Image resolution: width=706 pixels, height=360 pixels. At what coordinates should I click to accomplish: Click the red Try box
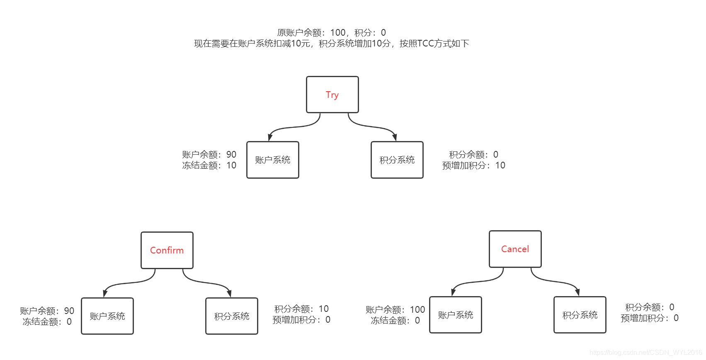point(332,95)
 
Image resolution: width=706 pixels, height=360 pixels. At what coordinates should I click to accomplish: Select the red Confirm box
point(167,250)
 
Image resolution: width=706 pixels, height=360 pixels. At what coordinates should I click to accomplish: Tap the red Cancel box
point(515,249)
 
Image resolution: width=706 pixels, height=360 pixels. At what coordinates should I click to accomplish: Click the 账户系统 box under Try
point(272,160)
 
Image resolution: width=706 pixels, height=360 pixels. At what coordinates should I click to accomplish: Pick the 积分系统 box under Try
point(397,160)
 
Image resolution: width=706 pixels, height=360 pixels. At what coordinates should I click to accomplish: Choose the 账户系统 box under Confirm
point(107,316)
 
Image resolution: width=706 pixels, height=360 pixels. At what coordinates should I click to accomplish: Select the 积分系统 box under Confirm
point(231,316)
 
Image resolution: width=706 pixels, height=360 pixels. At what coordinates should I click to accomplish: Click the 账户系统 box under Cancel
point(455,315)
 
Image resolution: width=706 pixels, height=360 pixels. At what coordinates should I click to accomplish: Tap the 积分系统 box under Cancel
point(580,315)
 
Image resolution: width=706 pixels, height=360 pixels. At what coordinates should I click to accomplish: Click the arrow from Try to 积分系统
point(371,127)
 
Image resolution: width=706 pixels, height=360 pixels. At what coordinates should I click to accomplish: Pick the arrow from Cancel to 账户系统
point(477,282)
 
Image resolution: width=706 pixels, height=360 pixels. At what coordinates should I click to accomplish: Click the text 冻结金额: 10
point(209,165)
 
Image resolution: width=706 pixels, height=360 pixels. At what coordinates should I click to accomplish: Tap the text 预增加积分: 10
point(473,165)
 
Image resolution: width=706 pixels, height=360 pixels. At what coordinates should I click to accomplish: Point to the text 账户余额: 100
point(395,310)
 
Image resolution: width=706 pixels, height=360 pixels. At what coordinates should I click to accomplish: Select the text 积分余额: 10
point(301,309)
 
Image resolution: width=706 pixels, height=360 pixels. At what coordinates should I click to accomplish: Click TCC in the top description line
point(425,44)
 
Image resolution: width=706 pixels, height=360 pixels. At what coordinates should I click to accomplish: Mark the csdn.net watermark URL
point(645,353)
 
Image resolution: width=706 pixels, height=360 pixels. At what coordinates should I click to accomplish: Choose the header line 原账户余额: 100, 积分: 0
point(331,32)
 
